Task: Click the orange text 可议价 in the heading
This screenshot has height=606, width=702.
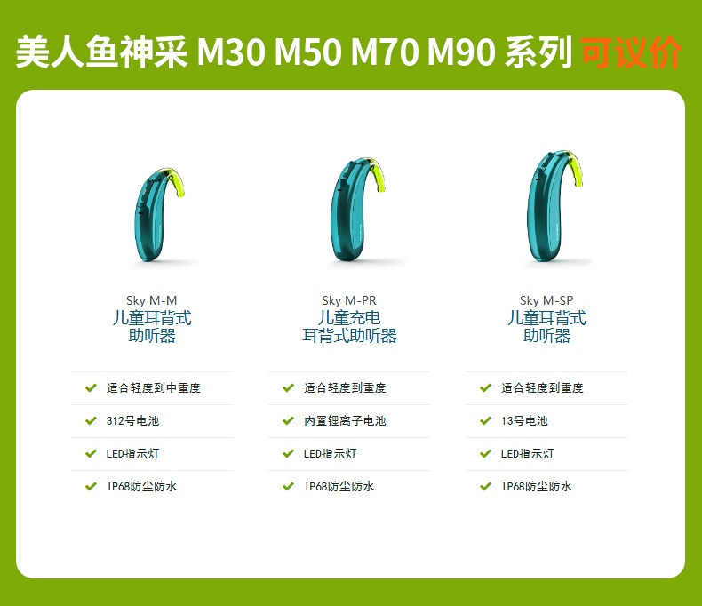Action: (631, 52)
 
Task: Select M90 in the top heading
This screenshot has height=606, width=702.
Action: (461, 52)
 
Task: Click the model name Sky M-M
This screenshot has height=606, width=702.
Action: (151, 300)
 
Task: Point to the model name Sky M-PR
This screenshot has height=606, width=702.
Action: (349, 300)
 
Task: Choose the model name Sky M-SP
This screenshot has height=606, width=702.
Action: (546, 300)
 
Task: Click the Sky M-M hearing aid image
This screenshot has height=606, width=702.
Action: (158, 215)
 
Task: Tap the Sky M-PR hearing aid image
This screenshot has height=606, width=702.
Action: (357, 210)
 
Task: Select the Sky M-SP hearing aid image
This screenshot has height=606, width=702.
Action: (554, 206)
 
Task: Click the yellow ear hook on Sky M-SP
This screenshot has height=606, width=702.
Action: (575, 170)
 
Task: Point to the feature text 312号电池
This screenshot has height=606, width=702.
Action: (132, 420)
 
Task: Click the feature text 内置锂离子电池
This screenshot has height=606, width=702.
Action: (345, 420)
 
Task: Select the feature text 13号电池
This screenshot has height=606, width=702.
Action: (524, 420)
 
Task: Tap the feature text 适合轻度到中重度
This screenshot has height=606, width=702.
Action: (153, 387)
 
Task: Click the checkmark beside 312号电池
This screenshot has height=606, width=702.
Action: (91, 420)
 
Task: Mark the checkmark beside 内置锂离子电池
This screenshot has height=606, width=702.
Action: (288, 420)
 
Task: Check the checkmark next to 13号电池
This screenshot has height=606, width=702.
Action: (486, 420)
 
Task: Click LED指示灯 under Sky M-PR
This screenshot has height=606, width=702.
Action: (330, 454)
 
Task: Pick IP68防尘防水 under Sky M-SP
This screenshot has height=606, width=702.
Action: (537, 487)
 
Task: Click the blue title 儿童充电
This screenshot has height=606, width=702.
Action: (349, 318)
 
